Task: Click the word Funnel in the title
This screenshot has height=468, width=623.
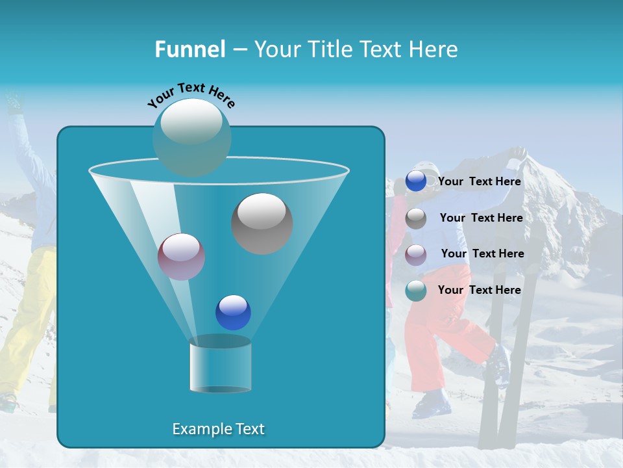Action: [190, 49]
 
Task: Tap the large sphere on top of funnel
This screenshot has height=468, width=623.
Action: [191, 136]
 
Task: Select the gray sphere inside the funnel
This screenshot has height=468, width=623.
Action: [262, 223]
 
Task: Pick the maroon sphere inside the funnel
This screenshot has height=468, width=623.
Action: [181, 257]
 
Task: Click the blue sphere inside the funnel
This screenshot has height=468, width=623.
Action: [233, 312]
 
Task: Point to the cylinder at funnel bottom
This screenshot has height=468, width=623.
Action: [220, 367]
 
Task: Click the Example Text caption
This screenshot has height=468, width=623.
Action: [218, 429]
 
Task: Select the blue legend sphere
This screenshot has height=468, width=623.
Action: [415, 181]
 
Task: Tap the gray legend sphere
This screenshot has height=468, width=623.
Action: [415, 218]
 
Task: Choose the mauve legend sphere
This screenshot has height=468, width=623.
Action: [415, 254]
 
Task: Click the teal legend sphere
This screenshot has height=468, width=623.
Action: [415, 291]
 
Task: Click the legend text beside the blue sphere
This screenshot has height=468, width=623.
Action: [480, 181]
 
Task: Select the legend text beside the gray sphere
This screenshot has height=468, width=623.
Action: [481, 218]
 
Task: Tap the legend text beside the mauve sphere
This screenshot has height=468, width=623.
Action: [482, 253]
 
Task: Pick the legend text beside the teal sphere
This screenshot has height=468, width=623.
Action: [480, 290]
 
